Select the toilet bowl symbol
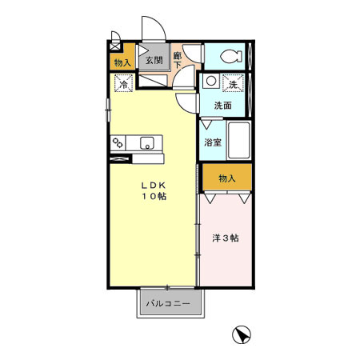(230, 57)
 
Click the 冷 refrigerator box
(124, 82)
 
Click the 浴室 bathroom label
(212, 142)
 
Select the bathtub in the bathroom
(239, 142)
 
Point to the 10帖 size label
(155, 197)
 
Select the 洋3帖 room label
(226, 238)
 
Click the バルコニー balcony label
(168, 303)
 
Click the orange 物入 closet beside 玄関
(122, 62)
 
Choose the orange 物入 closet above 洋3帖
(227, 178)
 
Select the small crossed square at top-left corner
(116, 37)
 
